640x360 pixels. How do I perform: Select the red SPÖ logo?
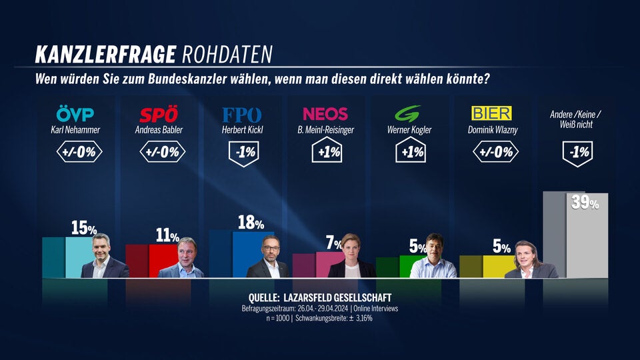(x=159, y=114)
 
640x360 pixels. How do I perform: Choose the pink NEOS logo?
(x=325, y=114)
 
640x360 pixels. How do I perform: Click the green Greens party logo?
(x=408, y=114)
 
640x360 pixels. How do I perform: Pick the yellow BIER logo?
(x=491, y=114)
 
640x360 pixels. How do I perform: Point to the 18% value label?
(x=251, y=223)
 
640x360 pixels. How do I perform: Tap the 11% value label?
(x=166, y=236)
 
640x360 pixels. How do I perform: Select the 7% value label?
(x=334, y=243)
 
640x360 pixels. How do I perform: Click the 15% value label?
(x=83, y=228)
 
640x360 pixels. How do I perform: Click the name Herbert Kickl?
(x=241, y=130)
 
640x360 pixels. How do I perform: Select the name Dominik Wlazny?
(x=491, y=130)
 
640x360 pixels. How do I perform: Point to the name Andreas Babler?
(x=159, y=130)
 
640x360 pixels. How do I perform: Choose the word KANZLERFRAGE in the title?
(x=105, y=53)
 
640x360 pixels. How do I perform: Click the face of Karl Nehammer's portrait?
(x=101, y=245)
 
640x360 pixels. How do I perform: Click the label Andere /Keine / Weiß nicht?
(x=575, y=119)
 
